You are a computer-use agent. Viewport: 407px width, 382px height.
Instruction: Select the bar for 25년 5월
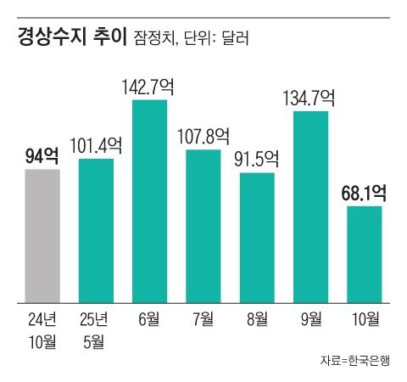click(95, 230)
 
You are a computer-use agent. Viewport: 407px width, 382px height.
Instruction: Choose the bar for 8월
click(257, 237)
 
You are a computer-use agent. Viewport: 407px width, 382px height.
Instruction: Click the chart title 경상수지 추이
click(72, 37)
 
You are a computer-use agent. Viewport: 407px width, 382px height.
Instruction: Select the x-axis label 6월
click(149, 319)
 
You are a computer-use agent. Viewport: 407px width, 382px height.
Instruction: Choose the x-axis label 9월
click(310, 319)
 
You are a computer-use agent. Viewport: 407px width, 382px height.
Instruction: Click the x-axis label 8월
click(257, 319)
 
